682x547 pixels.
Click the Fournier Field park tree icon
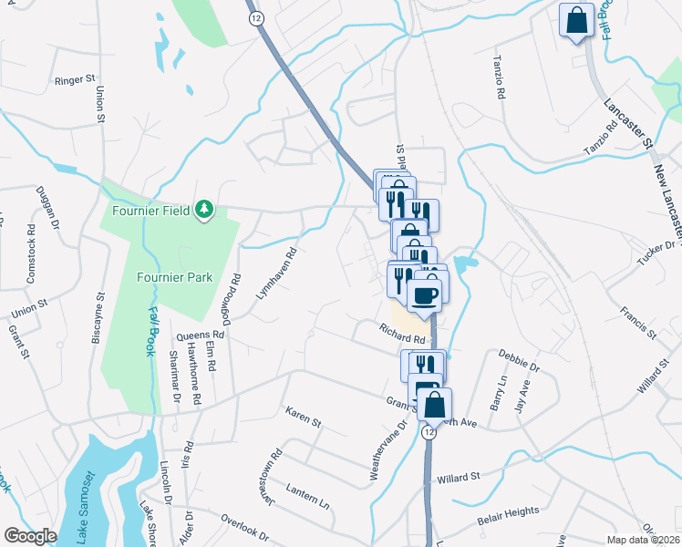point(205,211)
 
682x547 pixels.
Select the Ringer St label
point(76,80)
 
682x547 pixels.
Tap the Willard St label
point(458,478)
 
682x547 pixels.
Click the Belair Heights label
point(508,516)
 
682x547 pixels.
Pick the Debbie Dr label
point(520,361)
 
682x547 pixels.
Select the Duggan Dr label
point(46,208)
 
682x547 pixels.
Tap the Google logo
point(30,536)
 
